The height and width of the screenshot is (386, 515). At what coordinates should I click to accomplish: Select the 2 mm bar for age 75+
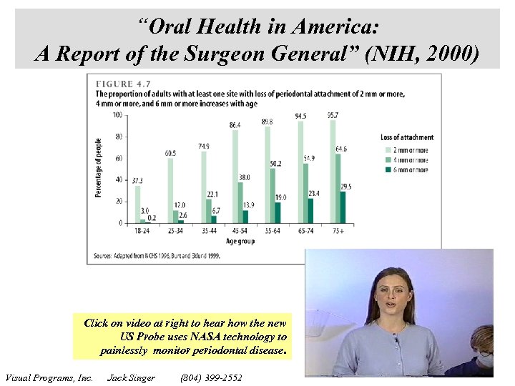point(332,172)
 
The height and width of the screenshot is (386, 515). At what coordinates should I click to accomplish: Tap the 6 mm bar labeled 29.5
point(343,207)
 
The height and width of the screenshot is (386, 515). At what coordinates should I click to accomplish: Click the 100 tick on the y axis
point(116,114)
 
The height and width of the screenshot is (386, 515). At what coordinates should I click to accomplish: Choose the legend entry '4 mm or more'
point(411,160)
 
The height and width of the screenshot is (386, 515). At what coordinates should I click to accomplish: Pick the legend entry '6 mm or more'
point(411,171)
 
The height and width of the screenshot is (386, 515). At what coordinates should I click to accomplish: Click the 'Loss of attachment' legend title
point(407,137)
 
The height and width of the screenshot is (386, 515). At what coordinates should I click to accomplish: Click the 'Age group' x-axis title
point(240,242)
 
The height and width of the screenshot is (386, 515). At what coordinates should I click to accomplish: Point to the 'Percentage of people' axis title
point(99,169)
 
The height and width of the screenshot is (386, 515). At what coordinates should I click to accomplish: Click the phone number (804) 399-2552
point(212,377)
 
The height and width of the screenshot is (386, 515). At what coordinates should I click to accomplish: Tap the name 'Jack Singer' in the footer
point(131,377)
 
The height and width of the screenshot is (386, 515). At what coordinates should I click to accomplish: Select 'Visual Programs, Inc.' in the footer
point(49,377)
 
